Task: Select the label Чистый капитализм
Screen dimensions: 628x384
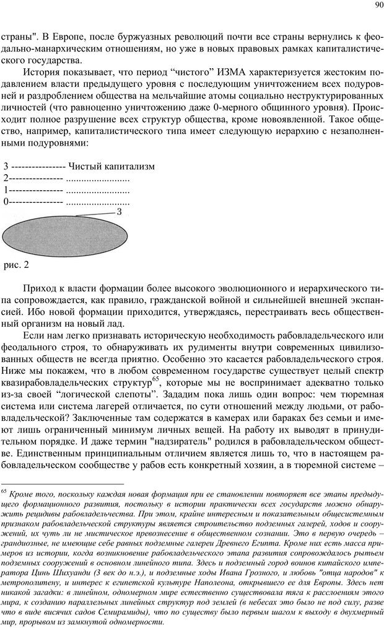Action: [111, 167]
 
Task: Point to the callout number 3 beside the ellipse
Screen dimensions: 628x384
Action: [119, 212]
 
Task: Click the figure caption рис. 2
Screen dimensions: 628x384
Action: [17, 265]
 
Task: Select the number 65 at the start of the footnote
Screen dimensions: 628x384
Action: [4, 492]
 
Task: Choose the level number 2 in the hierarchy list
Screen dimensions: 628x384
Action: [6, 179]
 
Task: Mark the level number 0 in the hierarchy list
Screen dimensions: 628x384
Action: [6, 201]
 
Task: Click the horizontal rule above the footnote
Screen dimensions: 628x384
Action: [62, 484]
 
